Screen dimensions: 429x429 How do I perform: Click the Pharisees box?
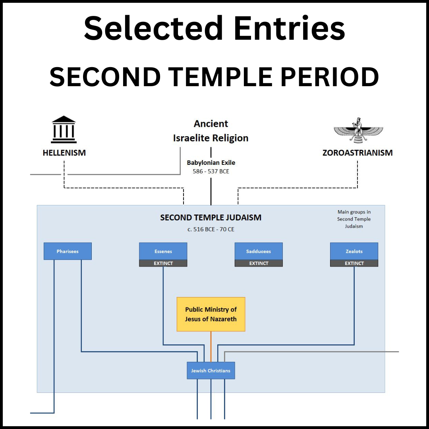[x=68, y=251]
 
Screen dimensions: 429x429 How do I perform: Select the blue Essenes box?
[x=163, y=251]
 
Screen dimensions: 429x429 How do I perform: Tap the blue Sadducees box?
[x=259, y=251]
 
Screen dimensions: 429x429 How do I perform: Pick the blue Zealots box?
[x=354, y=251]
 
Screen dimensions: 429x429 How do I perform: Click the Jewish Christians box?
[x=211, y=371]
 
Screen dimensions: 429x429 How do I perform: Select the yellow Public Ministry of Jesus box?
[x=211, y=314]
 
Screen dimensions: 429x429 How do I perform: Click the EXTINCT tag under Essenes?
[x=163, y=263]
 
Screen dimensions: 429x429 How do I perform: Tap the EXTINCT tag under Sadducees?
[x=259, y=263]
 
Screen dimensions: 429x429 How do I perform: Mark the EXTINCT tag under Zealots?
[x=354, y=263]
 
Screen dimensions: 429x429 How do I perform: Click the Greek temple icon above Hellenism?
[x=64, y=129]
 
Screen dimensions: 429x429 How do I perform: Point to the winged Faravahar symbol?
[x=358, y=130]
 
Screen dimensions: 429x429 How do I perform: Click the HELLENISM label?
[x=64, y=153]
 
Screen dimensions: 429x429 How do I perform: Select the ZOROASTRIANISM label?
[x=357, y=153]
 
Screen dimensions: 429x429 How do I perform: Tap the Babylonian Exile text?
[x=211, y=163]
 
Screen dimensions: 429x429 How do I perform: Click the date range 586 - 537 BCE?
[x=211, y=172]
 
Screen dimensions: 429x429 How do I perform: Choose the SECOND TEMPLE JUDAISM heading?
[x=211, y=218]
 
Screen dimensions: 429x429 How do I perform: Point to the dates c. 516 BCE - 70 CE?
[x=211, y=229]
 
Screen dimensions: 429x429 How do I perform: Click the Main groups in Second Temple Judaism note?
[x=354, y=219]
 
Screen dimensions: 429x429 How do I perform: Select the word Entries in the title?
[x=289, y=29]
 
